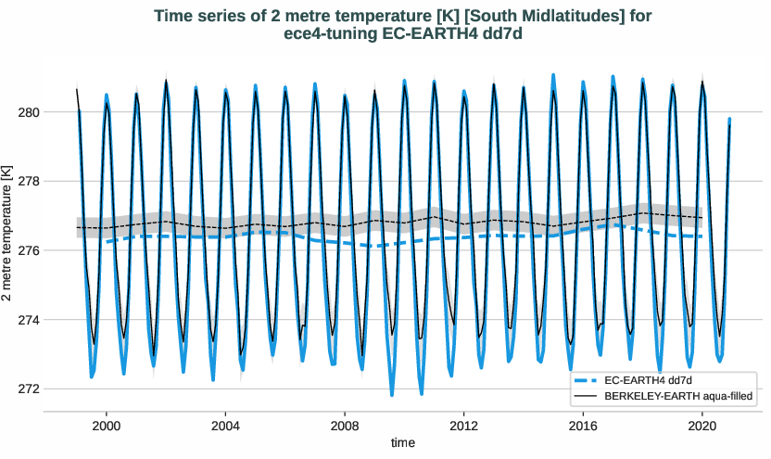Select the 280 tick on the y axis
point(29,112)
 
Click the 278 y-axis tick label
point(29,182)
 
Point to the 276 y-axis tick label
point(29,250)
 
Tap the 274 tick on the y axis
point(29,320)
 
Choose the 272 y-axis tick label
point(29,389)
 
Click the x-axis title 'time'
point(403,442)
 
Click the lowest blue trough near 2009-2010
point(392,394)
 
